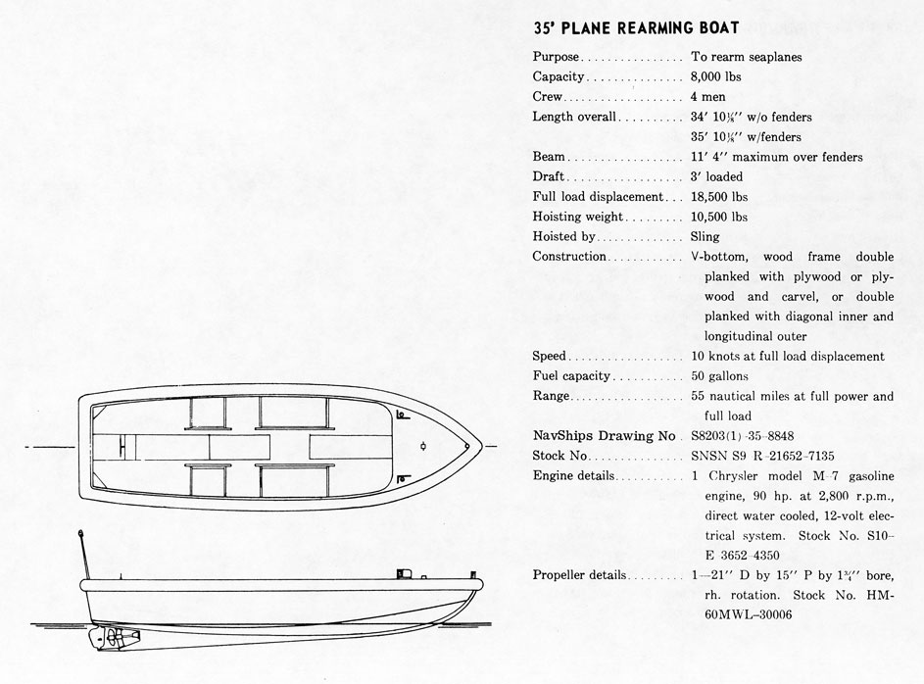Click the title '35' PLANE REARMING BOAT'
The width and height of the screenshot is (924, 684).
point(636,29)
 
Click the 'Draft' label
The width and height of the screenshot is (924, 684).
point(550,177)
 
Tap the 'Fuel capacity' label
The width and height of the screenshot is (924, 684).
point(571,376)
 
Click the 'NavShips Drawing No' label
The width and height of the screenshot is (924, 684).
point(605,436)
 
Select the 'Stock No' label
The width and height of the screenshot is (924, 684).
point(559,456)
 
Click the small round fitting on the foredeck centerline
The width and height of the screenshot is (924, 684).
point(421,447)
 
